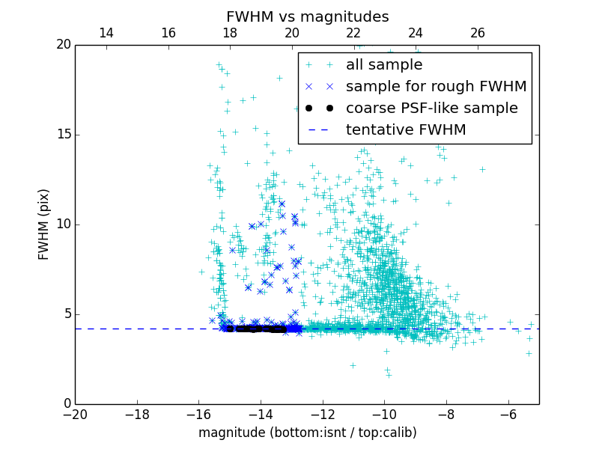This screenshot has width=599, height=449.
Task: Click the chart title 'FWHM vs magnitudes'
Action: [307, 16]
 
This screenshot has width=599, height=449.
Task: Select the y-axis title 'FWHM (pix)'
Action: [44, 224]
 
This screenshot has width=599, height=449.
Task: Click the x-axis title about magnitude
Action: [307, 433]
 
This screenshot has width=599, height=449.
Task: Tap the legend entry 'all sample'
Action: [383, 65]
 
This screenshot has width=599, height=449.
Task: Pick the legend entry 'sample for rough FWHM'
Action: [436, 87]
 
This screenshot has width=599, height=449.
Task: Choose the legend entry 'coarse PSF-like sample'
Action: [431, 109]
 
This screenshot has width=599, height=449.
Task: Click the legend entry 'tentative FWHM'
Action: [405, 130]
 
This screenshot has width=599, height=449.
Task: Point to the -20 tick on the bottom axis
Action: [75, 415]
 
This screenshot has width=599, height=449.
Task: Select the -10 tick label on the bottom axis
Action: [384, 415]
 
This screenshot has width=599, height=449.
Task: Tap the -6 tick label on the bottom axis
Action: [508, 415]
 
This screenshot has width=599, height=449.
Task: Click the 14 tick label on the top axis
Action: [106, 33]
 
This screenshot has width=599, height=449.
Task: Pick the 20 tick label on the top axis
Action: [292, 33]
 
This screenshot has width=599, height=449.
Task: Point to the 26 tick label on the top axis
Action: [478, 33]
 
